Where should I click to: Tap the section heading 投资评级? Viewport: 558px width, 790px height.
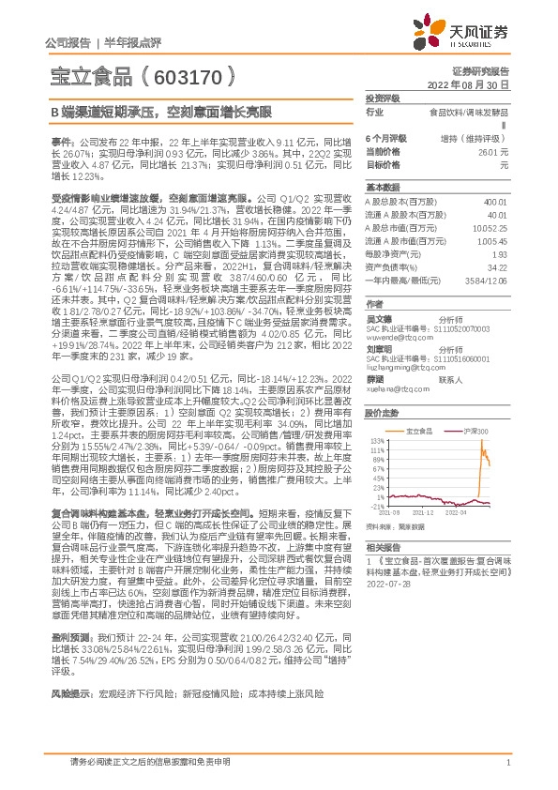[x=382, y=98]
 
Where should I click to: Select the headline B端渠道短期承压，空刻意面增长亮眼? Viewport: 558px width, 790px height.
[x=161, y=111]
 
